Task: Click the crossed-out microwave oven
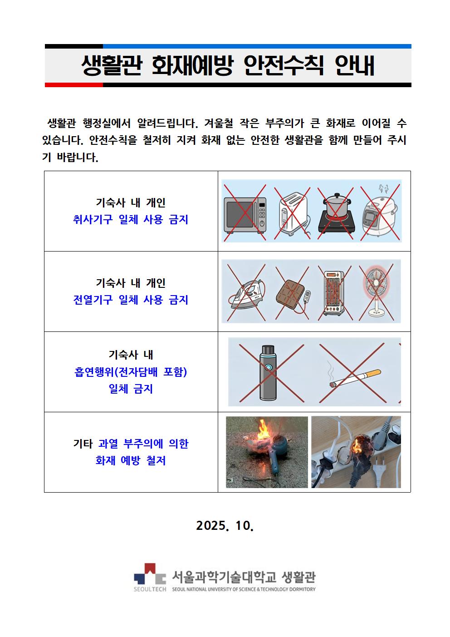[x=245, y=215]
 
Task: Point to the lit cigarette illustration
[x=355, y=377]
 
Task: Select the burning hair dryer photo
[x=267, y=452]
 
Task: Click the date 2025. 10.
[x=225, y=525]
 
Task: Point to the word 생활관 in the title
[x=111, y=66]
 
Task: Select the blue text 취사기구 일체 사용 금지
[x=131, y=219]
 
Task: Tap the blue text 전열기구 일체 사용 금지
[x=131, y=300]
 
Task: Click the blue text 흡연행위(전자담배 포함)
[x=131, y=372]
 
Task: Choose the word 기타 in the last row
[x=83, y=444]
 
